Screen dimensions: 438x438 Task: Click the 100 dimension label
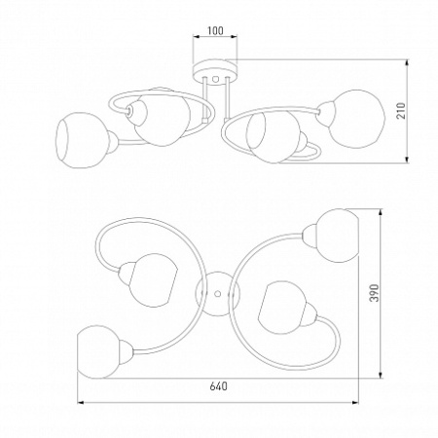[215, 30]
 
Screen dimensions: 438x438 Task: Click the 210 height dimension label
[402, 111]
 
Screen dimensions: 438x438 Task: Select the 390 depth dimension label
[375, 293]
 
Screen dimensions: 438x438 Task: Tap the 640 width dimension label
[218, 386]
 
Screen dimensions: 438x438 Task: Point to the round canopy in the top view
[218, 294]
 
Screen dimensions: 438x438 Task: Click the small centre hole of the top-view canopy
[218, 294]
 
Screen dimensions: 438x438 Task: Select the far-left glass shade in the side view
[83, 140]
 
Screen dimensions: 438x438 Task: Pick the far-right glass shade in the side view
[356, 119]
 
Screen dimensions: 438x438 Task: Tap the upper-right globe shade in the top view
[338, 236]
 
